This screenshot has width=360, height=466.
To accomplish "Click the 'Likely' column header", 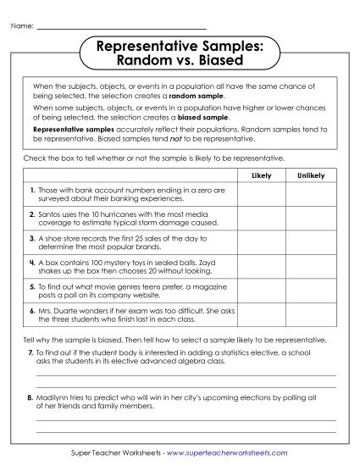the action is pos(263,175).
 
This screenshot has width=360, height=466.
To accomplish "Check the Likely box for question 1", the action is pos(263,195).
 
